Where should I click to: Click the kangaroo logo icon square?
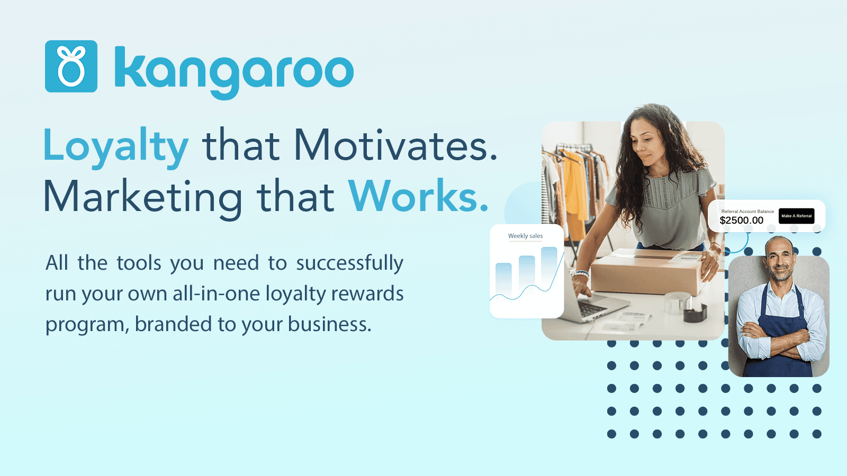coord(71,66)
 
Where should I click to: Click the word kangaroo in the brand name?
coord(233,70)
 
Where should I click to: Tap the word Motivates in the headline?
coord(395,145)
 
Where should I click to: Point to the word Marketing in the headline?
coord(142,197)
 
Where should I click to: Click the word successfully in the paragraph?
coord(349,263)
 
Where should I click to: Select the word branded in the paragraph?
coord(173,324)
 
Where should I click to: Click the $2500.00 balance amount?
coord(741,221)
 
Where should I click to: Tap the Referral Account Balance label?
coord(747,212)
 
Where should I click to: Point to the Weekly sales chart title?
coord(525,236)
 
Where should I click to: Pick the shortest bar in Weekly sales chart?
coord(503,279)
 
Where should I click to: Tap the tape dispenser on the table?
coord(693,310)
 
